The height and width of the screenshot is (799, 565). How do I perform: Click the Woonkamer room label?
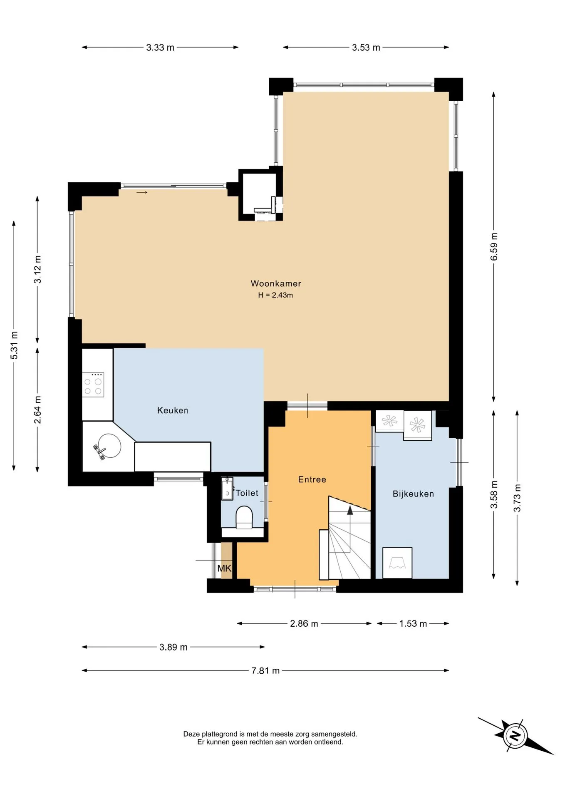tap(276, 283)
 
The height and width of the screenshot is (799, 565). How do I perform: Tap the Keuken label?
tap(173, 410)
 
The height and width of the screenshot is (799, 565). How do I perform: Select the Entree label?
tap(312, 479)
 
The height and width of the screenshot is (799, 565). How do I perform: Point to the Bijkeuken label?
tap(413, 494)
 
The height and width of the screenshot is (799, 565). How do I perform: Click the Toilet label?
tap(247, 493)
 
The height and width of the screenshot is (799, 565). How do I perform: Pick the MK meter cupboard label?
tap(224, 568)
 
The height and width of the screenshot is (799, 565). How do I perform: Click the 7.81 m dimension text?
tap(265, 670)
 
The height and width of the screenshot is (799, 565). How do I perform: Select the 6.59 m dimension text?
tap(494, 247)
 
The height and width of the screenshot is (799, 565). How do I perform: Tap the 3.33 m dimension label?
tap(160, 47)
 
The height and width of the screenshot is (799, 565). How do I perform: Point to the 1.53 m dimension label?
tap(413, 623)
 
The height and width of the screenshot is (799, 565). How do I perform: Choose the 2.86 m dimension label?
tap(304, 623)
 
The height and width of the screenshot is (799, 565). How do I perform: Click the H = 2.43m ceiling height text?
tap(275, 295)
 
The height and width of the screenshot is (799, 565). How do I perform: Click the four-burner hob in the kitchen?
tap(93, 385)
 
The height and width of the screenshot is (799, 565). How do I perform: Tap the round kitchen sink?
tap(109, 446)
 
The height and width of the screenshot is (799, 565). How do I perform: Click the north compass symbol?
tap(515, 735)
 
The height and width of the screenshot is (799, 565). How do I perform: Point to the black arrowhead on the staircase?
tap(350, 510)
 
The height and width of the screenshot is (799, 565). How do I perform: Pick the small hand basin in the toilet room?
tap(227, 489)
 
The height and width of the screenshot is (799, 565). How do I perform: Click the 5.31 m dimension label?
tap(14, 345)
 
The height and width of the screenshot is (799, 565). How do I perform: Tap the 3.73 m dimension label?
tap(517, 498)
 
